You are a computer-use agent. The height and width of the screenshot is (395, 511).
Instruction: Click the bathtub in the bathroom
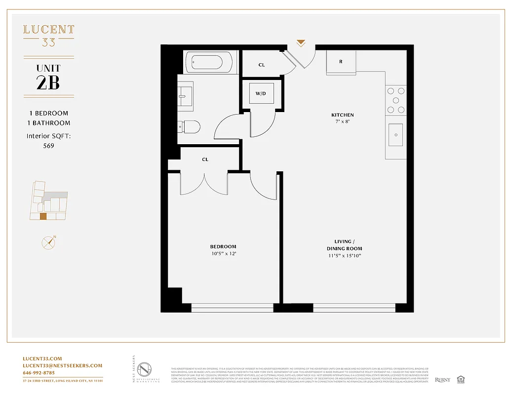(207, 63)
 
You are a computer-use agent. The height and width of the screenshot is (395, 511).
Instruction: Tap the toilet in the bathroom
(190, 127)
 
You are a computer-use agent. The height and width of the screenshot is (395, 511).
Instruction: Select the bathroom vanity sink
(186, 92)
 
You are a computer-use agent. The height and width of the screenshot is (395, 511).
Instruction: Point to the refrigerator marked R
(341, 62)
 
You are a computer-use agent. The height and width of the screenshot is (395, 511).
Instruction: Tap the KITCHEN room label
(342, 115)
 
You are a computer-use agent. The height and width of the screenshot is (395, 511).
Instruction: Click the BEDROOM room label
(223, 246)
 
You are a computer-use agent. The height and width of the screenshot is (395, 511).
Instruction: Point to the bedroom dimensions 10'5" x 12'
(223, 254)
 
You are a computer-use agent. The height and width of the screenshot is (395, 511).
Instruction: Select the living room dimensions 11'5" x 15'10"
(344, 256)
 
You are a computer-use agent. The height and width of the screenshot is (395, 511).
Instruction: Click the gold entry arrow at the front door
(301, 43)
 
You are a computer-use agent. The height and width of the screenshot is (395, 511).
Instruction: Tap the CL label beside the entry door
(262, 65)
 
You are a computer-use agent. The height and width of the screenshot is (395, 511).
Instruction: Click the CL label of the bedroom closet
(205, 159)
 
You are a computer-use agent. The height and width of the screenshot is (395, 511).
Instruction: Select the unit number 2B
(48, 82)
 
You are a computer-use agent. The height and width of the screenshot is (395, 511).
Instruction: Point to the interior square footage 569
(48, 146)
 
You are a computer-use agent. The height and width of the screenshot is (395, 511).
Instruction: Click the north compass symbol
(48, 242)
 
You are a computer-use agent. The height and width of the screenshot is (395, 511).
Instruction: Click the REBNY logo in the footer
(442, 380)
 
